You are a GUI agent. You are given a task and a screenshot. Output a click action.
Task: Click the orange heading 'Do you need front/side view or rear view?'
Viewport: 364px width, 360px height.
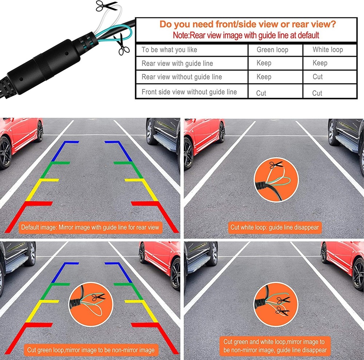[x=248, y=25]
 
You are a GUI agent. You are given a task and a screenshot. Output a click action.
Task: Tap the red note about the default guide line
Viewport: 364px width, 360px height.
[x=246, y=36]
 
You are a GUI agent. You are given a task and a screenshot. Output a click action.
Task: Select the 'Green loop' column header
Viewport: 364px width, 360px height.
[x=272, y=50]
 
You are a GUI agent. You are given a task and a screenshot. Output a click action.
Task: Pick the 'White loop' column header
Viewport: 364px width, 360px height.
[x=328, y=50]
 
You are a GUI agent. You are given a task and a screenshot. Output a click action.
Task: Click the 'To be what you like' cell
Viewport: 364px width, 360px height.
[x=169, y=50]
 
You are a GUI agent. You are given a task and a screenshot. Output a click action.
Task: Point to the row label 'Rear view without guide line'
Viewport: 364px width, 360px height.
[x=182, y=77]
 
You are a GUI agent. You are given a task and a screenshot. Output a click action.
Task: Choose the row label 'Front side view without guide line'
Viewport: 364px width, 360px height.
[x=189, y=92]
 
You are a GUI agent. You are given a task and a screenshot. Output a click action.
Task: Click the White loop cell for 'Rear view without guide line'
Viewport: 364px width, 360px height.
[x=317, y=77]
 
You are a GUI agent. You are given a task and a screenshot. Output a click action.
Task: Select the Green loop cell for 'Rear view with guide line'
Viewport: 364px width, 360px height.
[x=264, y=63]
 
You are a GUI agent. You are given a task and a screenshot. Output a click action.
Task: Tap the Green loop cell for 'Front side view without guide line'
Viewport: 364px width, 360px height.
[x=261, y=93]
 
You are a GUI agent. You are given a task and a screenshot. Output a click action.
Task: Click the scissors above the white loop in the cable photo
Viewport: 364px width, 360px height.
[x=106, y=5]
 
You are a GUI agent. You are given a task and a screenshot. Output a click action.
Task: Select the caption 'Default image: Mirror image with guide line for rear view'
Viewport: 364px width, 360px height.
[x=90, y=228]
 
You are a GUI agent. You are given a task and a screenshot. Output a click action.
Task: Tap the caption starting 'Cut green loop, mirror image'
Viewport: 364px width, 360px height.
[x=91, y=350]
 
